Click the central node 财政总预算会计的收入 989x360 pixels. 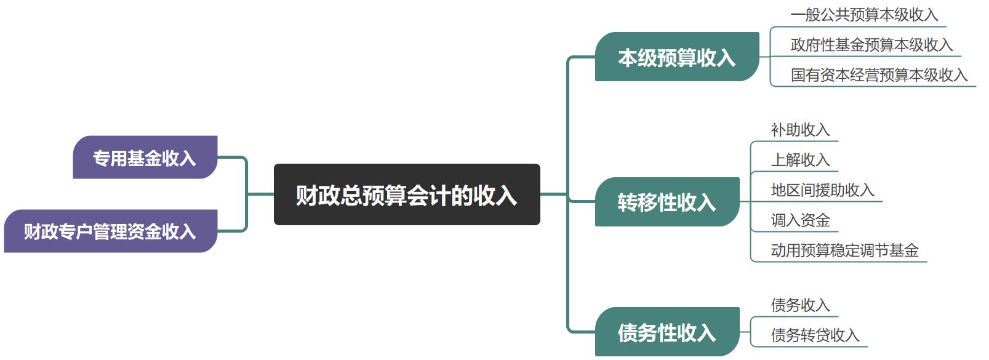tap(406, 195)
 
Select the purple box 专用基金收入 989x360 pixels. tap(145, 158)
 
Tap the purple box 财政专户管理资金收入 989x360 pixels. tap(110, 231)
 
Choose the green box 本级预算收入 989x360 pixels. tap(676, 57)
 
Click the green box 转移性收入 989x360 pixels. tap(667, 202)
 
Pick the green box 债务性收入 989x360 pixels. tap(667, 332)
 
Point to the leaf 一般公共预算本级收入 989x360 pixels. tap(864, 15)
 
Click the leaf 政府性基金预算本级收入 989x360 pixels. tap(871, 45)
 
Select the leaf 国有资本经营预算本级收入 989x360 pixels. tap(879, 75)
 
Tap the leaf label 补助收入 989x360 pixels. tap(800, 130)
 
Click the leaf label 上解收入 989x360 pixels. tap(800, 160)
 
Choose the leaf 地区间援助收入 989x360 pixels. tap(822, 190)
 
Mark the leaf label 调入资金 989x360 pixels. tap(800, 220)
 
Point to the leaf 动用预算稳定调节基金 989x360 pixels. tap(844, 250)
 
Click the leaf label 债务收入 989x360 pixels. tap(800, 305)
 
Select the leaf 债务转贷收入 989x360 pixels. tap(815, 335)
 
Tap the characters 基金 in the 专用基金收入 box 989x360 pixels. tap(145, 158)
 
